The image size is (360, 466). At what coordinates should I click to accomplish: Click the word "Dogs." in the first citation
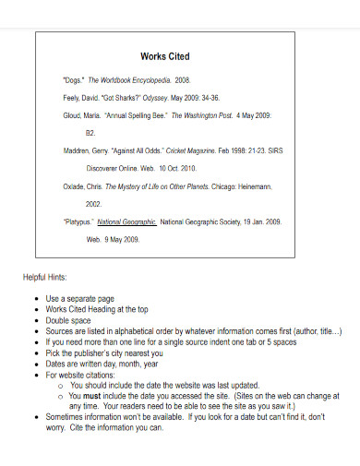click(74, 81)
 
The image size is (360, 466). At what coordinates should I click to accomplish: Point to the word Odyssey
click(157, 98)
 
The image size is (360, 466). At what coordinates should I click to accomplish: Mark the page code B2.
click(90, 132)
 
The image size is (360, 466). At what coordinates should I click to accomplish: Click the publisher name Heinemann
click(263, 186)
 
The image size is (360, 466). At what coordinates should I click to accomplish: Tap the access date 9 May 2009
click(123, 239)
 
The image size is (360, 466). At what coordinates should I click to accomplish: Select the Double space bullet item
click(69, 319)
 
